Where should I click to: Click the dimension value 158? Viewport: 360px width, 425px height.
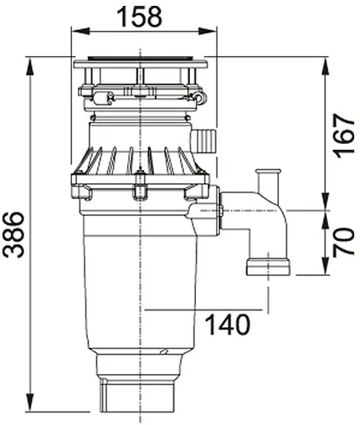(x=139, y=14)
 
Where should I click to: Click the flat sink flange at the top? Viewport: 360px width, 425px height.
(x=140, y=64)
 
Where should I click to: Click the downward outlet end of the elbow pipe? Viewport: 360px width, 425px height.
(x=267, y=266)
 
